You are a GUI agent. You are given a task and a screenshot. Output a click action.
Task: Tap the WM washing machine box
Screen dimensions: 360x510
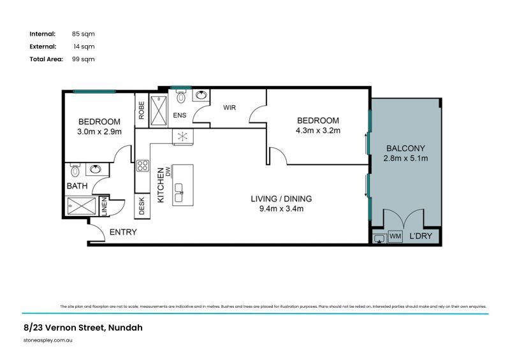(395, 236)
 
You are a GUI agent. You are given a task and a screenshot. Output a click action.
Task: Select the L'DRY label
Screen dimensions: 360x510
(420, 236)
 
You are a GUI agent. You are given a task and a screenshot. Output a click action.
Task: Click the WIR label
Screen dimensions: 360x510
(229, 108)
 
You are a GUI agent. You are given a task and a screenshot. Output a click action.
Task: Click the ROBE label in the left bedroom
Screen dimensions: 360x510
(142, 110)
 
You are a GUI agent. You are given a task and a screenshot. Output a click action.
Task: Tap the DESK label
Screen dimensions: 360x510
(142, 206)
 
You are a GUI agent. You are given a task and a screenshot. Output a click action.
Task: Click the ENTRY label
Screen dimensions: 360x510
(123, 232)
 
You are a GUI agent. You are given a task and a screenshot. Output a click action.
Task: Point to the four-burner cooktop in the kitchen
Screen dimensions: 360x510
(142, 167)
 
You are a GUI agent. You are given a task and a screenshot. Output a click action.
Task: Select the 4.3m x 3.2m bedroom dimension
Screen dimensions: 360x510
(318, 131)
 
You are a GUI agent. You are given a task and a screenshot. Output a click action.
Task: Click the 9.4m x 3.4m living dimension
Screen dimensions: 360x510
(281, 208)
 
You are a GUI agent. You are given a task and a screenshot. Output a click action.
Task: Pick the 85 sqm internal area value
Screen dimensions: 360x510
(84, 34)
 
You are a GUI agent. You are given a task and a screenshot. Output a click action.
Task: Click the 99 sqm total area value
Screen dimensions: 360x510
(84, 59)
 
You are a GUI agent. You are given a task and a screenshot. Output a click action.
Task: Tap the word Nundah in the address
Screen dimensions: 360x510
(125, 328)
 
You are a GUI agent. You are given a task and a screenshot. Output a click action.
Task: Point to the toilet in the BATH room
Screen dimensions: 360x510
(75, 170)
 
